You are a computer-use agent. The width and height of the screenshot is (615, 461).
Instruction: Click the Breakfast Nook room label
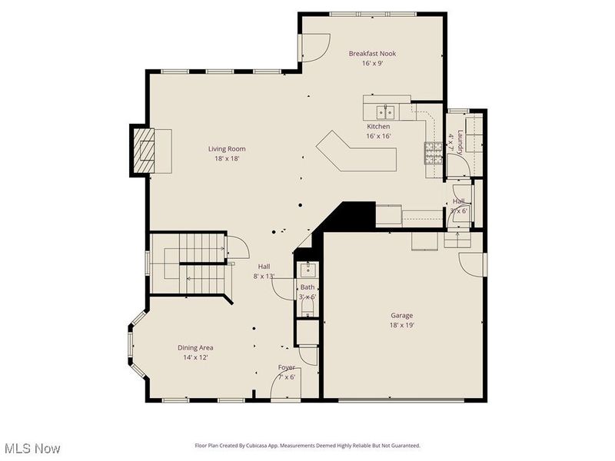(x=372, y=54)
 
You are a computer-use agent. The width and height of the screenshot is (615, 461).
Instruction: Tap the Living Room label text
(x=226, y=149)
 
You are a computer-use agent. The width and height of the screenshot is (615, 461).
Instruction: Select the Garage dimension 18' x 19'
(x=401, y=325)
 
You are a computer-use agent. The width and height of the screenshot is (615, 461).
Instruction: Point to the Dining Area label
(x=195, y=347)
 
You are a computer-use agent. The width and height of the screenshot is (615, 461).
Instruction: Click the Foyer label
(x=286, y=368)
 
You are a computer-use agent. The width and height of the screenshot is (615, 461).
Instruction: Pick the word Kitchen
(x=378, y=127)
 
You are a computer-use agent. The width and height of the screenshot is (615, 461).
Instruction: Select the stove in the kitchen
(x=433, y=154)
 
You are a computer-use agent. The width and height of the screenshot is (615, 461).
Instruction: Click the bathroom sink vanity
(x=307, y=269)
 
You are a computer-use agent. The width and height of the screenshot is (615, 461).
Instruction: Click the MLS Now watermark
(x=32, y=448)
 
